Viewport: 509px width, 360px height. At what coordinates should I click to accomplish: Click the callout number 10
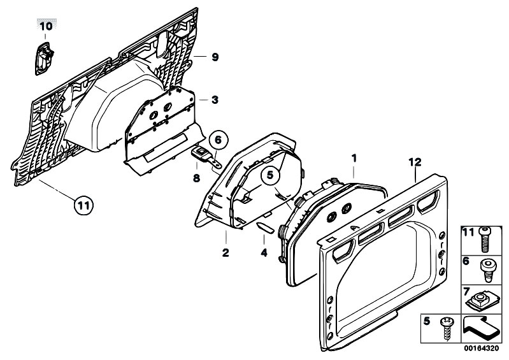click(x=46, y=26)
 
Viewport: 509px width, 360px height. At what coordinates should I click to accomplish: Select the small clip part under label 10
click(x=44, y=59)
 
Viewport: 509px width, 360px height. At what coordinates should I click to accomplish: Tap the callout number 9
click(x=215, y=57)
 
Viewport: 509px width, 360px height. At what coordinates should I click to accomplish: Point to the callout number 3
click(x=215, y=100)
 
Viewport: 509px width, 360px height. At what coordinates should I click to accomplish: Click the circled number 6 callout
click(x=218, y=140)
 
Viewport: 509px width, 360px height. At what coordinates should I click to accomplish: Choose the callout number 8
click(x=196, y=178)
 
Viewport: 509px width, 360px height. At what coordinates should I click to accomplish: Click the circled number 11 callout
click(x=83, y=205)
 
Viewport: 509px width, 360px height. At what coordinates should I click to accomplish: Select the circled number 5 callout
click(x=270, y=175)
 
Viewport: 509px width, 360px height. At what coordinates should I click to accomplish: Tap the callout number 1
click(x=354, y=159)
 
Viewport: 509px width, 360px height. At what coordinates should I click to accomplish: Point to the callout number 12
click(x=415, y=162)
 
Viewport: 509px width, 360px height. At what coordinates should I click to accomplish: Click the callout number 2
click(x=226, y=252)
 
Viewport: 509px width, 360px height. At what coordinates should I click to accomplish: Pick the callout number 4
click(x=264, y=252)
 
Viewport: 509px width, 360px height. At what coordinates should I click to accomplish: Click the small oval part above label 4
click(x=265, y=227)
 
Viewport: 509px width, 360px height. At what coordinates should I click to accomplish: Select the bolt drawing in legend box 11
click(x=485, y=240)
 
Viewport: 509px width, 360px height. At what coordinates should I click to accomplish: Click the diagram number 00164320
click(x=481, y=349)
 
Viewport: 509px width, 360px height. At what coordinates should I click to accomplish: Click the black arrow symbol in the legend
click(x=480, y=328)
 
